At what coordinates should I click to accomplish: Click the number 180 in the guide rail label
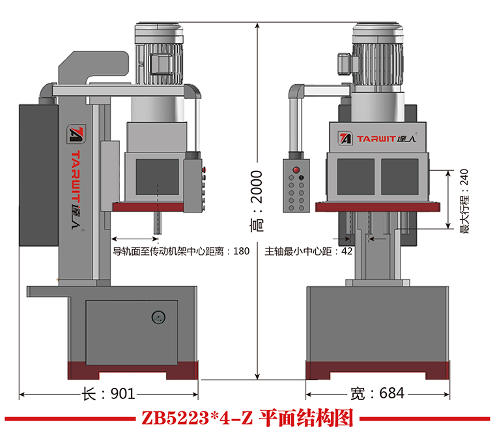(x=240, y=251)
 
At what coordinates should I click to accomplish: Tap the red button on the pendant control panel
(x=296, y=170)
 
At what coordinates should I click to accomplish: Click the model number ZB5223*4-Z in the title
(x=196, y=418)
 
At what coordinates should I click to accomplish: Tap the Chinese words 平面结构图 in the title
(x=305, y=418)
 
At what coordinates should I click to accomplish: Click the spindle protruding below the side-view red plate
(x=158, y=221)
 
